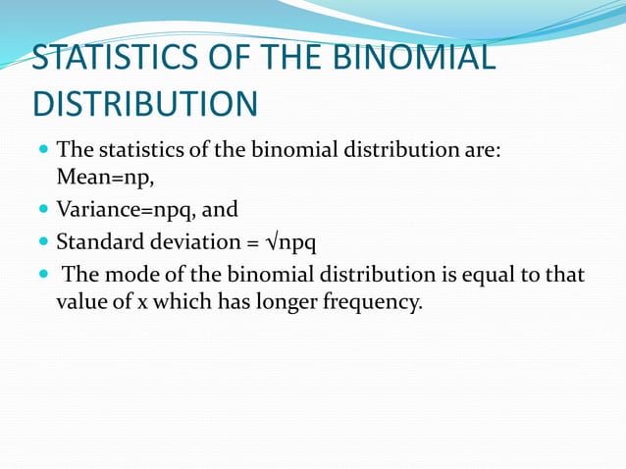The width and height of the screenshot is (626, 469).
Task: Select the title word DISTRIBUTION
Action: click(145, 104)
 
